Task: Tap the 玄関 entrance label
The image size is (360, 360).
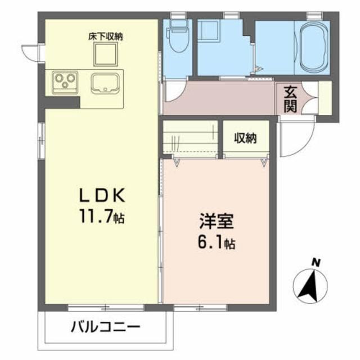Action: (x=290, y=99)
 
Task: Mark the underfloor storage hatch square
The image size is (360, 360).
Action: (x=105, y=55)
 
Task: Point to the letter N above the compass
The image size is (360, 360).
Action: (x=316, y=262)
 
